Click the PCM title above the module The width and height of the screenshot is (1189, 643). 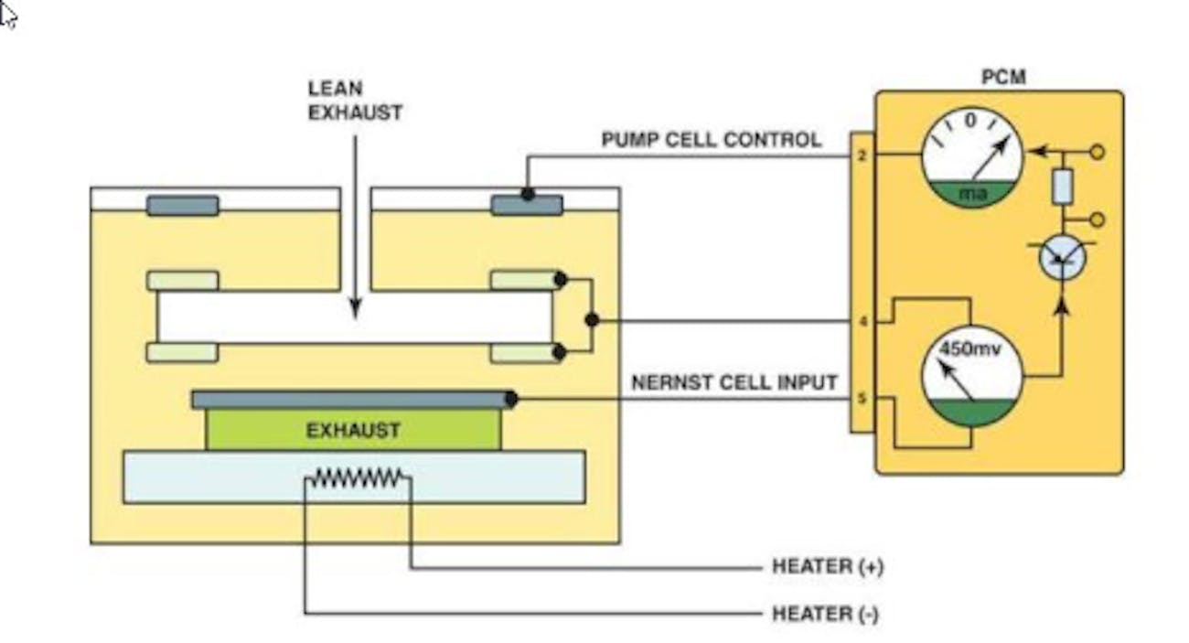coord(1003,77)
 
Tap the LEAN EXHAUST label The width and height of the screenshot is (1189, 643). coord(355,101)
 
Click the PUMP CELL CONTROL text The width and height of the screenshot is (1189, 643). coord(711,140)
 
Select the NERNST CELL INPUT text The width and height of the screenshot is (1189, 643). coord(734,382)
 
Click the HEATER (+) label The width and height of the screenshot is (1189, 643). coord(828,567)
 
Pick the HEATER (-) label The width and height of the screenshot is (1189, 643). coord(825,614)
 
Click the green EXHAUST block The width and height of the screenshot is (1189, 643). coord(353,430)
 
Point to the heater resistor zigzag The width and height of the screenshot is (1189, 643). coord(357,477)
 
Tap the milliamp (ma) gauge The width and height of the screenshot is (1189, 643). coord(971,157)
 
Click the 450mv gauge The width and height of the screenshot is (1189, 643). coord(971,376)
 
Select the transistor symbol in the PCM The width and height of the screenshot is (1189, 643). coord(1063,258)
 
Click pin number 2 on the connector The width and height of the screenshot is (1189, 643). coord(862,156)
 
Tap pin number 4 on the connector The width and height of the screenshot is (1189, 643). coord(862,322)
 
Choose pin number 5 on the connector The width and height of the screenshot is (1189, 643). coord(862,399)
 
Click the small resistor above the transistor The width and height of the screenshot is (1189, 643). coord(1063,187)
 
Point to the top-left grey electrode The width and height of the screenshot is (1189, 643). coord(183,206)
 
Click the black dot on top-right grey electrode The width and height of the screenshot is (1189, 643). coord(528,194)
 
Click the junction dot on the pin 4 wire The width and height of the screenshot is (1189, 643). coord(592,320)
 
